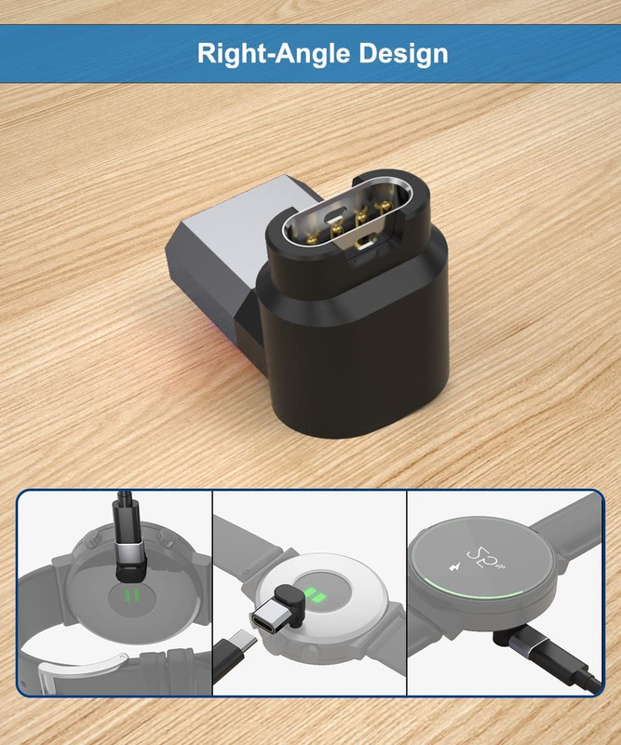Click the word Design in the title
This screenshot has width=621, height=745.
point(403,54)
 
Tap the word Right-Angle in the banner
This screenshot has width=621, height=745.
point(274,53)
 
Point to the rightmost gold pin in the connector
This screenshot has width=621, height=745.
point(384,207)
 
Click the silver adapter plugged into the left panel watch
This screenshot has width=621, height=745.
point(130,552)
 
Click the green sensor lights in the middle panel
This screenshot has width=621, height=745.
point(312,594)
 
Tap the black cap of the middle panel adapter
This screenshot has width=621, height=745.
point(290,600)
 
